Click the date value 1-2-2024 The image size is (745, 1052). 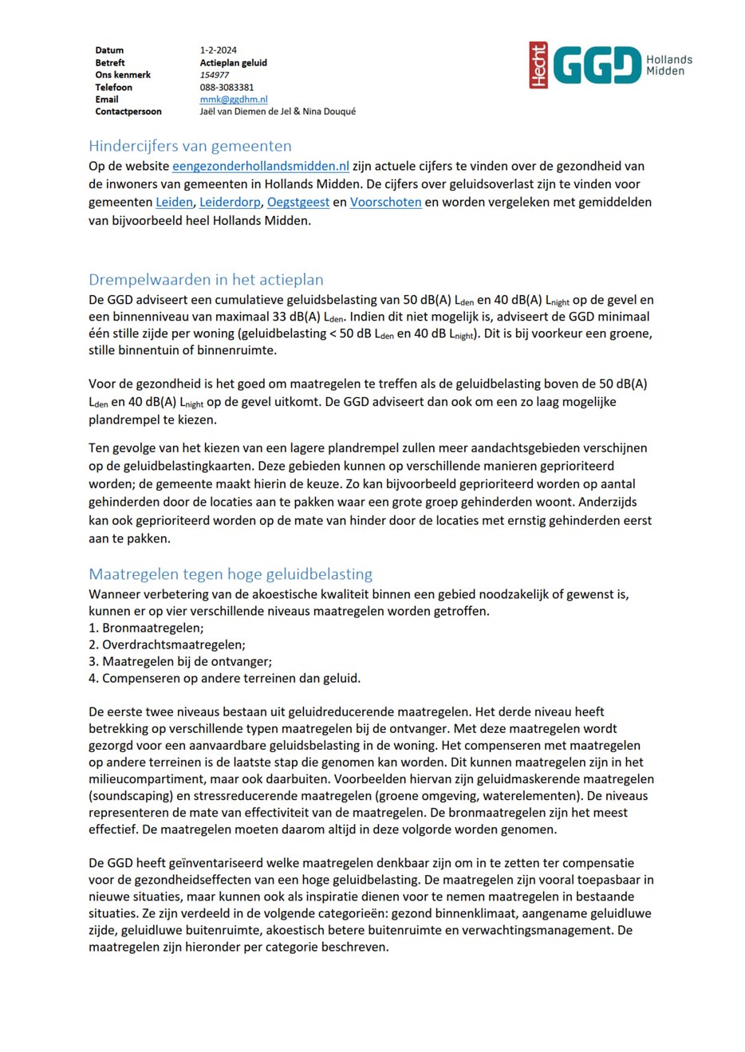click(x=218, y=50)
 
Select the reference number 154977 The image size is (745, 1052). click(x=214, y=75)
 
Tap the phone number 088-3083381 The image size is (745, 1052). click(x=227, y=88)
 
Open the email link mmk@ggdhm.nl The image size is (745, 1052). click(x=233, y=100)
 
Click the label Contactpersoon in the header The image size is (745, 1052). click(x=128, y=112)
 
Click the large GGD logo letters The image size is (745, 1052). click(x=597, y=65)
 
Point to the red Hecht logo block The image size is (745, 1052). click(x=538, y=65)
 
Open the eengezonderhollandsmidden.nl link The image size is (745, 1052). click(x=261, y=167)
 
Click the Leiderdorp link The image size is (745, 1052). click(x=230, y=203)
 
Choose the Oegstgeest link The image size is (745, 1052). click(x=298, y=203)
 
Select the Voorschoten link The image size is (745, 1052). click(x=385, y=203)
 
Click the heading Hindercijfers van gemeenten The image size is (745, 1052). click(x=190, y=146)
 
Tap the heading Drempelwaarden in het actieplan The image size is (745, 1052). click(x=206, y=280)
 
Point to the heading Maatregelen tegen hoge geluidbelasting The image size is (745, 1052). click(x=231, y=574)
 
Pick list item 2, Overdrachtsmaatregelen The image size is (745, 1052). click(x=167, y=645)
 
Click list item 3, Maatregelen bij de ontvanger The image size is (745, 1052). click(x=180, y=662)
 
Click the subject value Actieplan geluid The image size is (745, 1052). click(x=233, y=63)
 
